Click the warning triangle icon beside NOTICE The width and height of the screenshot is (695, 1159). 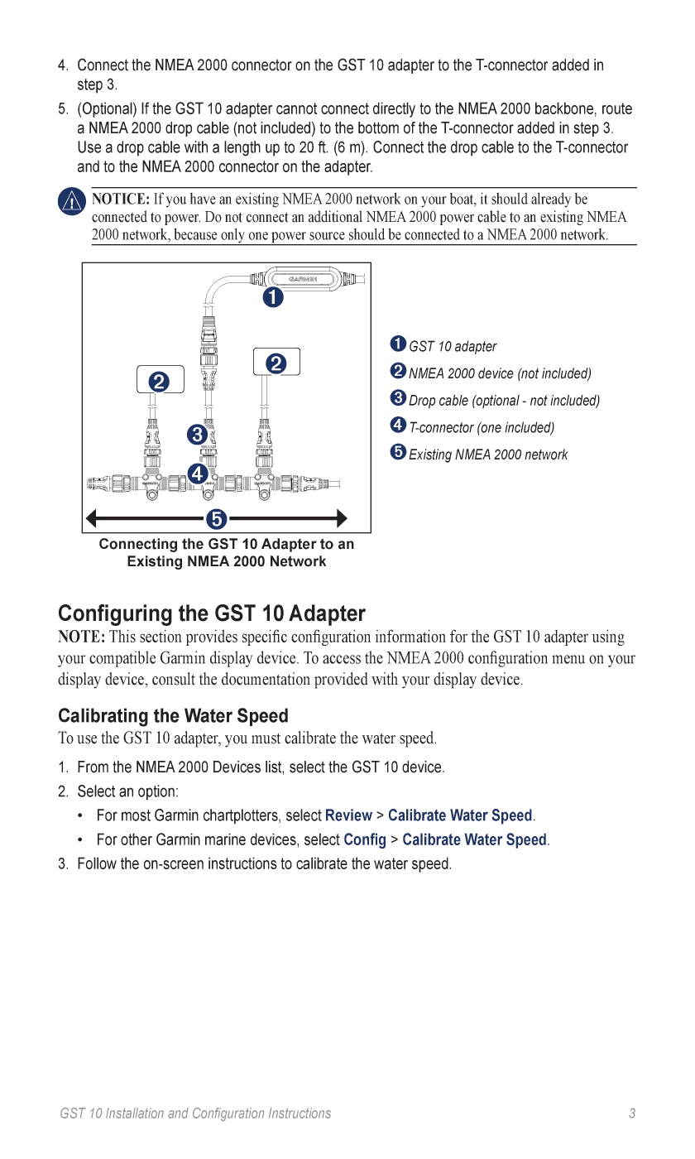coord(72,201)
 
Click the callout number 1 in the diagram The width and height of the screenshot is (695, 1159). coord(273,296)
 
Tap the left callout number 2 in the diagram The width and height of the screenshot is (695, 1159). coord(159,382)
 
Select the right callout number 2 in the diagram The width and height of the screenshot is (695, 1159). coord(276,363)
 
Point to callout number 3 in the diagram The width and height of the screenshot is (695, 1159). coord(197,434)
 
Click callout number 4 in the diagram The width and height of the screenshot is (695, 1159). coord(197,474)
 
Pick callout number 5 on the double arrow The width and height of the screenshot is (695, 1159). coord(216,519)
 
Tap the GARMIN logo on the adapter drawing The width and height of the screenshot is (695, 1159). coord(304,279)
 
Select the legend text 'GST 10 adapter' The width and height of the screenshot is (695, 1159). coord(453,347)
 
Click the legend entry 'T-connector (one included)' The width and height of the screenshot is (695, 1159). coord(482,428)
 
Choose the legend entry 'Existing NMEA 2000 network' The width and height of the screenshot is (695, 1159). coord(488,454)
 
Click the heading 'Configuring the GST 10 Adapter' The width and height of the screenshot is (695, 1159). coord(211,613)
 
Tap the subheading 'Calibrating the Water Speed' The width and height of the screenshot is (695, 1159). coord(173,716)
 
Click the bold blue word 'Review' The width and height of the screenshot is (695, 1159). coord(348,815)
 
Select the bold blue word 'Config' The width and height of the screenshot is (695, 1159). coord(365,839)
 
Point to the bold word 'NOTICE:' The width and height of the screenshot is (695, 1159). coord(121,200)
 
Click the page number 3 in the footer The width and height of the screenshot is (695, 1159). coord(632,1113)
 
